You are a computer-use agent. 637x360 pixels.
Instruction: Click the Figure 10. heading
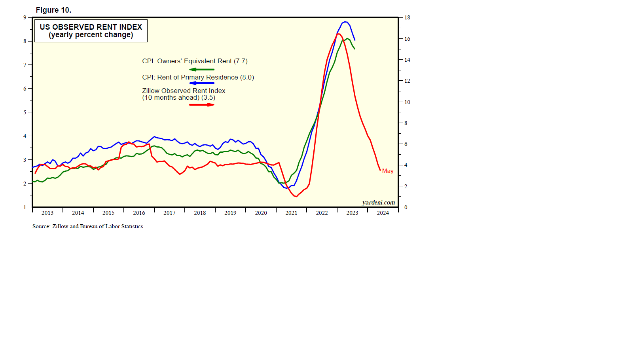point(53,10)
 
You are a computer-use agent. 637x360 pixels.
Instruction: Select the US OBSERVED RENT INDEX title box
point(91,31)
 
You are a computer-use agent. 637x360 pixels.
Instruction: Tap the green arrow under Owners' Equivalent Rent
point(202,70)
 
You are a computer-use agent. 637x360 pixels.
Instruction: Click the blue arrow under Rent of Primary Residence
point(202,83)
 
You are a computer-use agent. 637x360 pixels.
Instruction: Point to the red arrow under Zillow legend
point(202,105)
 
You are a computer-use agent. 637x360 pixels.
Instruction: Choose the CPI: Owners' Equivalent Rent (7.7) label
point(195,61)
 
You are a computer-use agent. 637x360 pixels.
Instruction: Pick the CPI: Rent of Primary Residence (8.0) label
point(198,77)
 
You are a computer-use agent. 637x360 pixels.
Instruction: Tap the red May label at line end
point(388,171)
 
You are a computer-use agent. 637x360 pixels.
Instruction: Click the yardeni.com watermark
point(378,203)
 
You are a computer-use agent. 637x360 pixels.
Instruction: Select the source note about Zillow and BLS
point(88,226)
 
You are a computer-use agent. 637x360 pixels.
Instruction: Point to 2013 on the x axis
point(47,213)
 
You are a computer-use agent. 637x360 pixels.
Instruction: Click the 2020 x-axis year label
point(261,213)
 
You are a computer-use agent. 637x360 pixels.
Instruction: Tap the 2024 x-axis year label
point(383,213)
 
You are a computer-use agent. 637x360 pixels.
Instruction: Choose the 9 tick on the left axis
point(25,17)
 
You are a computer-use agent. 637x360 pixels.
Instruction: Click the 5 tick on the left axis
point(25,112)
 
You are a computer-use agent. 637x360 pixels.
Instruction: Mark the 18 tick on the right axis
point(407,17)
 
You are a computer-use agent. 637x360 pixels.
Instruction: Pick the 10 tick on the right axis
point(407,102)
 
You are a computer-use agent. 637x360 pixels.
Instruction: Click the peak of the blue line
point(345,22)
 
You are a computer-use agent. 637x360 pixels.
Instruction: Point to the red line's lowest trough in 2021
point(296,196)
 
